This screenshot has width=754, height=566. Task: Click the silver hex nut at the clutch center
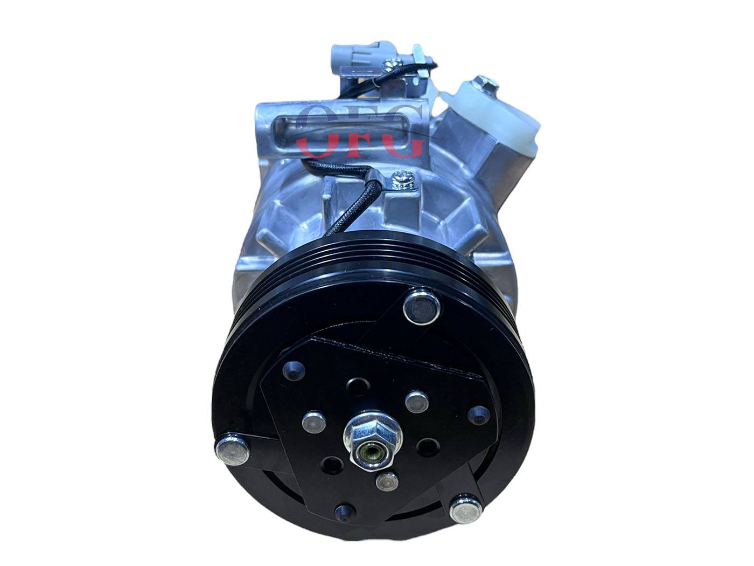click(x=373, y=440)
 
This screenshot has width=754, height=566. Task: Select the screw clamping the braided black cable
click(x=403, y=180)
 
